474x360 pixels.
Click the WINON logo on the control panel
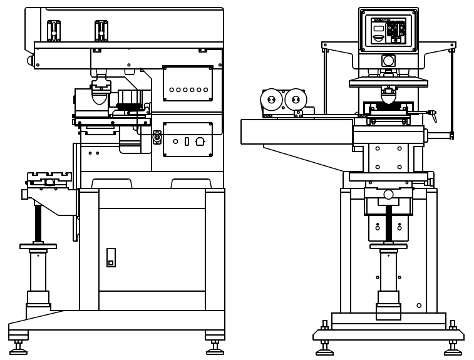click(381, 20)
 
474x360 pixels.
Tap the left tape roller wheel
click(271, 100)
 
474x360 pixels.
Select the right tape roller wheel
click(296, 99)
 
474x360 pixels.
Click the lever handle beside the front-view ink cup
click(431, 114)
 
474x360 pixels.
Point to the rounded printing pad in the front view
click(388, 98)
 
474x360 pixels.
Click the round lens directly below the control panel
click(388, 61)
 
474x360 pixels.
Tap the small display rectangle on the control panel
click(378, 28)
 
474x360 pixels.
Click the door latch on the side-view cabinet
click(111, 257)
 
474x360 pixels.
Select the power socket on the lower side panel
click(200, 141)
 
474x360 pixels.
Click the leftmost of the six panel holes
click(172, 90)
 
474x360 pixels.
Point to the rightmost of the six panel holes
click(205, 90)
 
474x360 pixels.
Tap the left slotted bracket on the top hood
click(54, 31)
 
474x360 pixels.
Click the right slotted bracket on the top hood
click(101, 31)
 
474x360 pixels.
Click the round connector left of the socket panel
click(157, 137)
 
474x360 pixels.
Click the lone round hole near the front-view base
click(419, 306)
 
